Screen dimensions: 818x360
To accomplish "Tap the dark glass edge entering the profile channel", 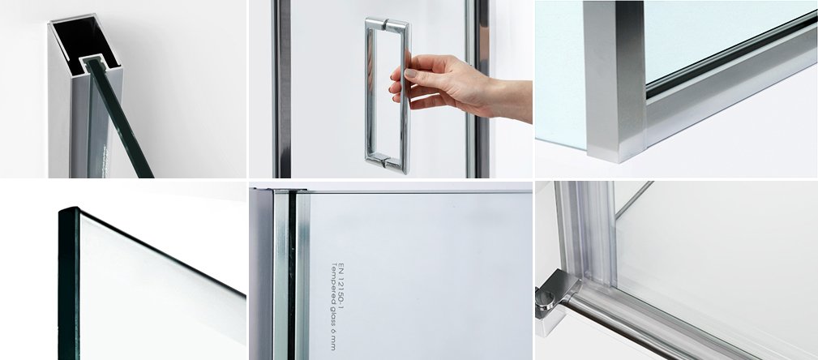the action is pyautogui.click(x=120, y=118).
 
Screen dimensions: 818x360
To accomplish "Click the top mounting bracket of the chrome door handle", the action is pyautogui.click(x=387, y=24).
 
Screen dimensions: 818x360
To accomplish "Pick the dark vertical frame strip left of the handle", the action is pyautogui.click(x=281, y=88).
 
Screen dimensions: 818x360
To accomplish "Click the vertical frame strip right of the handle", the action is pyautogui.click(x=478, y=88).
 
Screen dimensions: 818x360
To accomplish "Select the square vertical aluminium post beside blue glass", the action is pyautogui.click(x=615, y=81).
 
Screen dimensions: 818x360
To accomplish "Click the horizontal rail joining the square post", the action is pyautogui.click(x=731, y=79).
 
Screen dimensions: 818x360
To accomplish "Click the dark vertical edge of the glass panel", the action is pyautogui.click(x=69, y=285).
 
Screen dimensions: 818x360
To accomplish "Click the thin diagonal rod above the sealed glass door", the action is pyautogui.click(x=634, y=199).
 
